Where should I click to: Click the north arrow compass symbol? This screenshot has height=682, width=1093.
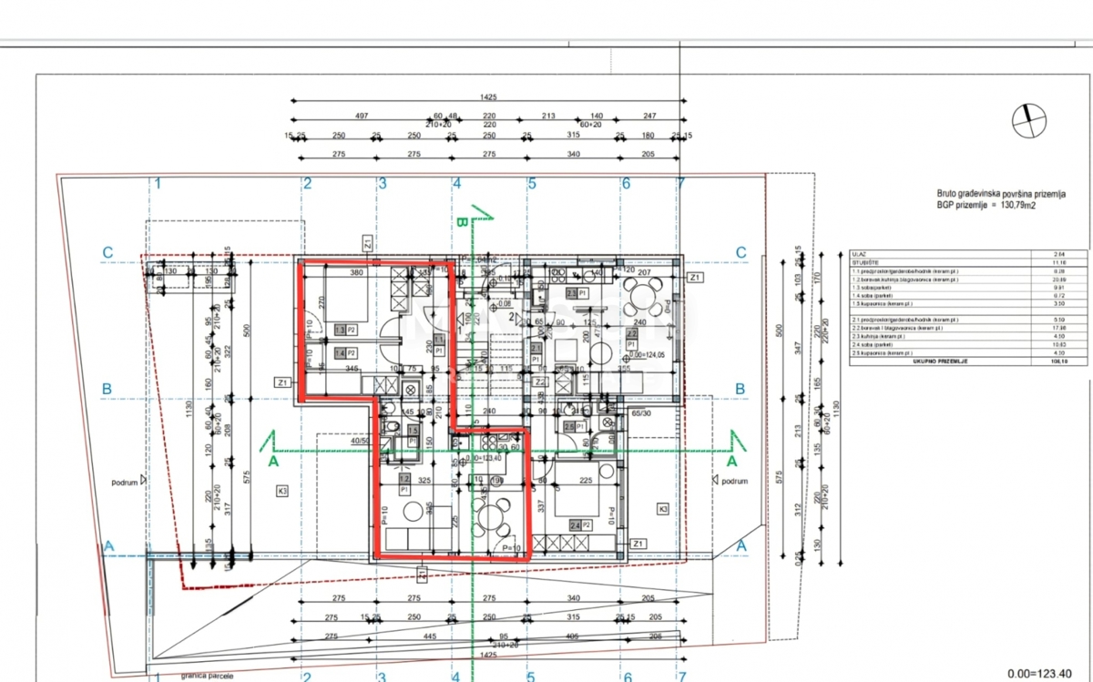pyautogui.click(x=1029, y=119)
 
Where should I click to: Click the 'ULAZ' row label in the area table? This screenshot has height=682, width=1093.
pyautogui.click(x=858, y=255)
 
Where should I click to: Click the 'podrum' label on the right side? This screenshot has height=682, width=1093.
pyautogui.click(x=734, y=481)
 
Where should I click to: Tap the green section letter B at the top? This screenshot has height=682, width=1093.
pyautogui.click(x=461, y=222)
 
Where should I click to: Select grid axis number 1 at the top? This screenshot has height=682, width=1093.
pyautogui.click(x=158, y=183)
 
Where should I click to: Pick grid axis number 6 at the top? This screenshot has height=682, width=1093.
pyautogui.click(x=626, y=183)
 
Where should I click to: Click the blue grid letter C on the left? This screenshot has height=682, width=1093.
pyautogui.click(x=107, y=252)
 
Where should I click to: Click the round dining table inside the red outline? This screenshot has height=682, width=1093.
pyautogui.click(x=491, y=516)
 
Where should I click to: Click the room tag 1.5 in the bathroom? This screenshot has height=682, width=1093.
pyautogui.click(x=413, y=432)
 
